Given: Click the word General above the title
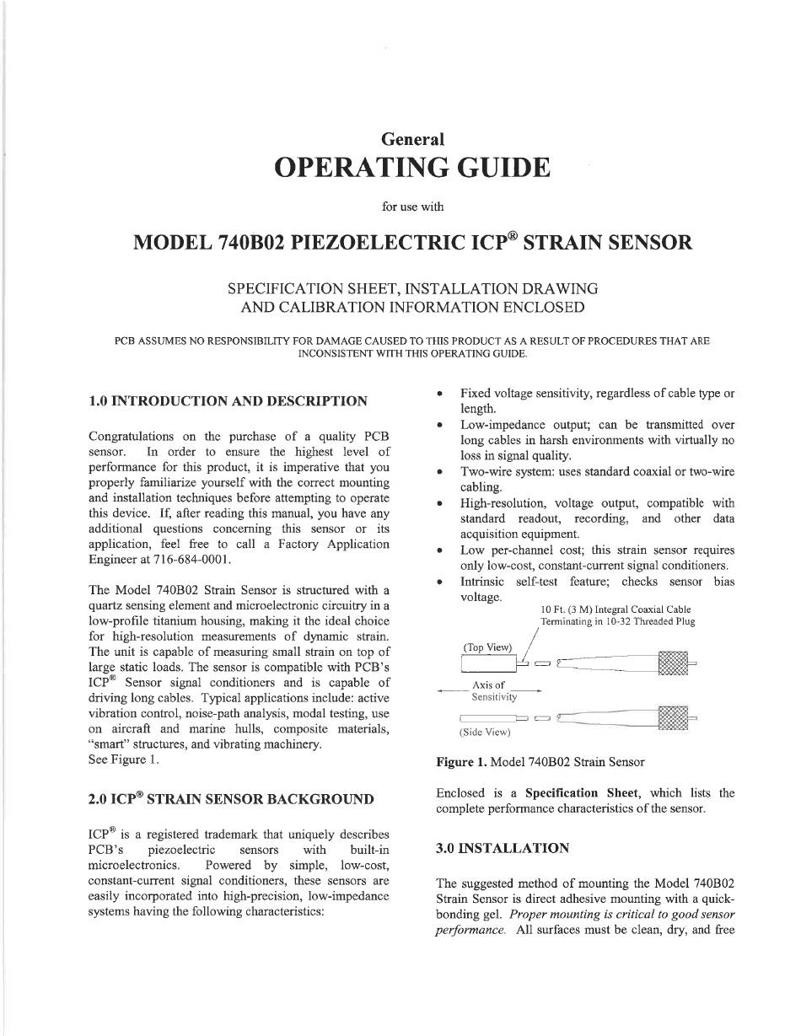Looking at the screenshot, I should coord(412,139).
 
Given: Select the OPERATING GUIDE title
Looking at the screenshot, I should coord(412,168).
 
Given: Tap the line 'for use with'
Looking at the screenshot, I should coord(412,206).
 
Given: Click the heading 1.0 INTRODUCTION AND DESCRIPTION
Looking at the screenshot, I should coord(228,400).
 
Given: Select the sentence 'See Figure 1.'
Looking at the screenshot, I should coord(123,760).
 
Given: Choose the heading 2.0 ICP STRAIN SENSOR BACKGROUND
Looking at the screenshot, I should coord(231,798).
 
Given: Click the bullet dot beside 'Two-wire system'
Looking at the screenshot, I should coord(441,472).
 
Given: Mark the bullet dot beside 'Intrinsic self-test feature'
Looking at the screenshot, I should coord(441,582).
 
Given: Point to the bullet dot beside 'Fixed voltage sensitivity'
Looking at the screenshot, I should coord(441,394).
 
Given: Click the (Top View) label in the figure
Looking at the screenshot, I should coord(487,647).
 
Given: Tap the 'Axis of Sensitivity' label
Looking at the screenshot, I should coord(491,691).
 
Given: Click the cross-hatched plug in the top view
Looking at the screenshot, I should coord(673,663).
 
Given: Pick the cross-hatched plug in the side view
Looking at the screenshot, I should coord(673,718).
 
